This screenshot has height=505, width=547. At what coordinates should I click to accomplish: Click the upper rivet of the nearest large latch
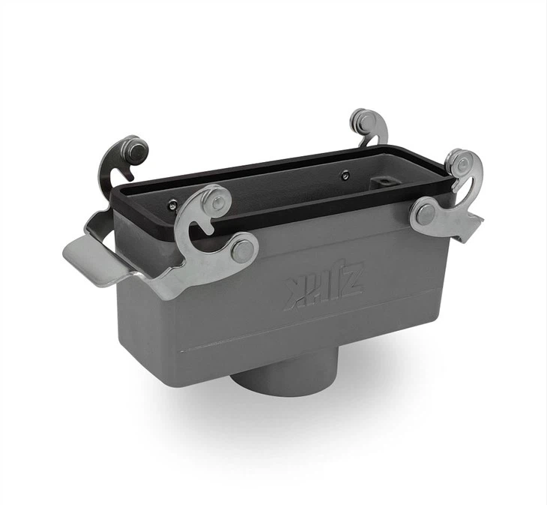pos(218,201)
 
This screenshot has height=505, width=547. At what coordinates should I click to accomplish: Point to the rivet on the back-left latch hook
pos(135,150)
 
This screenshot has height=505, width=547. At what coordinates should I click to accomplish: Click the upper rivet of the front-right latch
pos(462,163)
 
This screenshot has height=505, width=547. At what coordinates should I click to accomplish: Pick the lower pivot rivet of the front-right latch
pos(425,215)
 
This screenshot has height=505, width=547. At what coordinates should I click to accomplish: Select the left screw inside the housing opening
pos(173,205)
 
